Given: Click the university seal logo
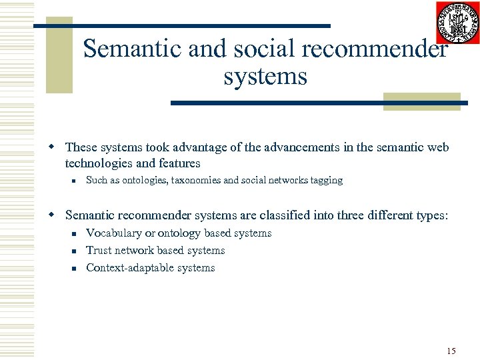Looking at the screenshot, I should pos(457,23).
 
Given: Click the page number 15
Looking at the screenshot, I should pos(451,351).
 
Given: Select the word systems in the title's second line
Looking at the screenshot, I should pos(265,77).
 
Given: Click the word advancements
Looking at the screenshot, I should pos(296,147).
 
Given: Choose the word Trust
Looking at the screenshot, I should pos(99,251).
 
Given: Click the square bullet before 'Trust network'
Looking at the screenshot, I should pos(76,251).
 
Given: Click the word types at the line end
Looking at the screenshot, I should pos(434,216).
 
